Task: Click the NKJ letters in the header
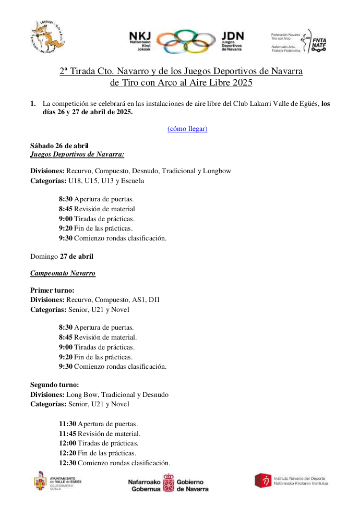coord(140,36)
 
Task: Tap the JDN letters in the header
coord(232,36)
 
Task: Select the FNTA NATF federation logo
coord(318,41)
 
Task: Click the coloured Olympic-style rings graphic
coord(186,42)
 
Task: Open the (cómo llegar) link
coord(187,128)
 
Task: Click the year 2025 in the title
coord(242,82)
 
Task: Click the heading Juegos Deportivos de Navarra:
coord(77,154)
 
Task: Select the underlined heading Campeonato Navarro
coord(63,273)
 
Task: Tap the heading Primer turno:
coord(52,290)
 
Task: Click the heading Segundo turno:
coord(55,385)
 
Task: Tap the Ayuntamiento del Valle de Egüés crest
coord(41,481)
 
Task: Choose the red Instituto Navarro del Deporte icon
coord(262,480)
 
